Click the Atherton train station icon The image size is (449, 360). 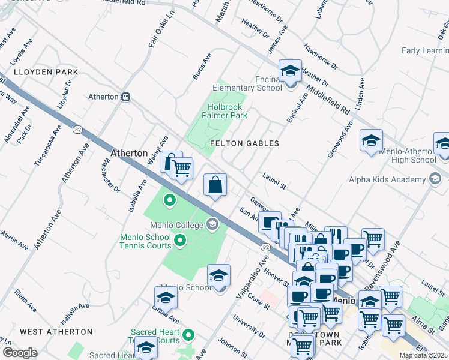tap(126, 97)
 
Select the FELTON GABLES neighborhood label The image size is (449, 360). tap(244, 143)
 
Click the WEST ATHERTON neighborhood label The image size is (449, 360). tap(56, 331)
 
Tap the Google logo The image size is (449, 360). tap(20, 353)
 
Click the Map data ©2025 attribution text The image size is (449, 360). tap(424, 355)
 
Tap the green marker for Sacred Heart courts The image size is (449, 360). tap(189, 335)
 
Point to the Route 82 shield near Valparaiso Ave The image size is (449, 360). tap(265, 247)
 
